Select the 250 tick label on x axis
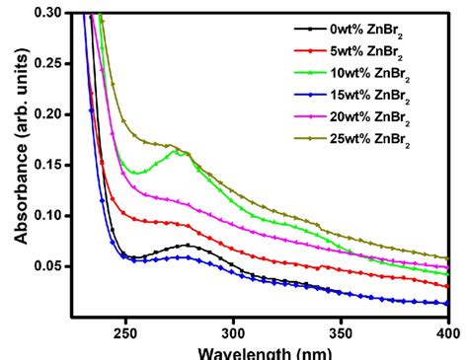125,333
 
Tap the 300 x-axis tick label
233,333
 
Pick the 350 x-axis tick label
341,333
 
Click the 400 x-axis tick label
446,333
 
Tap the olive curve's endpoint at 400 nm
448,258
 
